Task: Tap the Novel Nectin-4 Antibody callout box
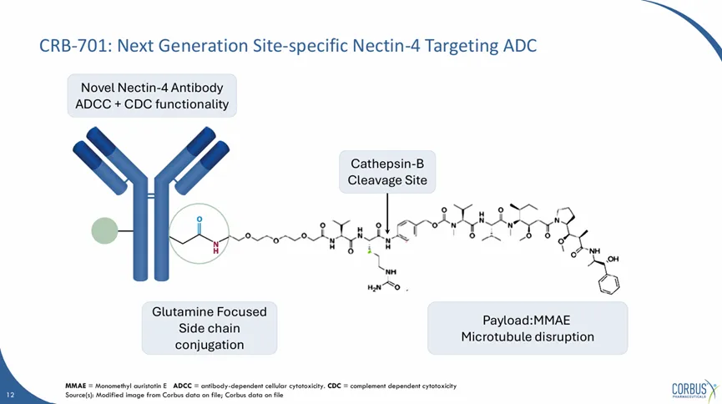151,96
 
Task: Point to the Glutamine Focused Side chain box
210,328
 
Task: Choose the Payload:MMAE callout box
527,328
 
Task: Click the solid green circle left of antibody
105,230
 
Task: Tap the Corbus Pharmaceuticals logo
693,388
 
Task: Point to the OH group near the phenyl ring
613,260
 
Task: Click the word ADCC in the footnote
184,386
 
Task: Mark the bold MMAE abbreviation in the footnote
76,386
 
